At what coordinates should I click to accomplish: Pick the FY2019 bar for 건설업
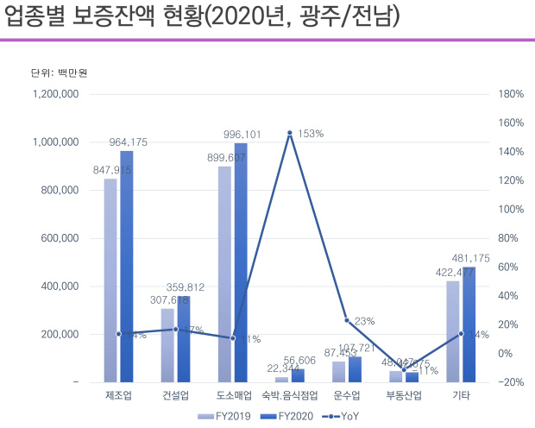click(x=167, y=344)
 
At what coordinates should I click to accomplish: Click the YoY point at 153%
click(x=290, y=133)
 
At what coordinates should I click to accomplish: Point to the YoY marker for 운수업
click(x=347, y=320)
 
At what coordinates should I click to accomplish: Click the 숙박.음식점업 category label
click(x=290, y=396)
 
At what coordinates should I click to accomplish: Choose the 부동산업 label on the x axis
click(x=404, y=396)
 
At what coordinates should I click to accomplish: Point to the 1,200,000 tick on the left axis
click(x=54, y=94)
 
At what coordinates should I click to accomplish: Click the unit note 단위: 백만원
click(x=53, y=72)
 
